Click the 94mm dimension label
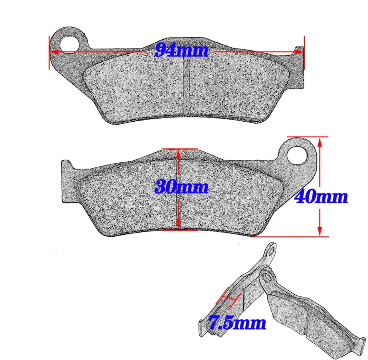point(181,50)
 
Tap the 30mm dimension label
point(181,187)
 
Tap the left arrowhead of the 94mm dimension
point(54,51)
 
